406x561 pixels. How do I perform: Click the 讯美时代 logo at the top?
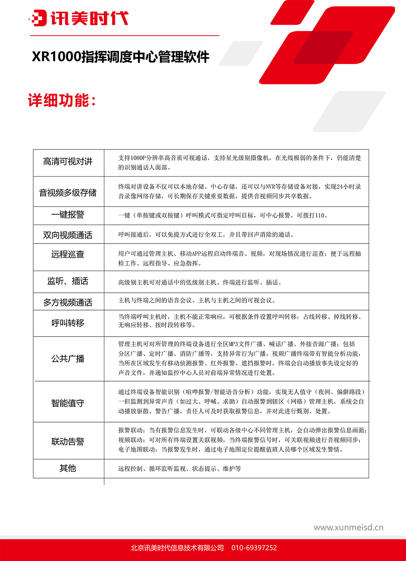click(79, 18)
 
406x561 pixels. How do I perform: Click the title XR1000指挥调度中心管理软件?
click(121, 56)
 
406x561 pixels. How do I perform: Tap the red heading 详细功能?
click(62, 100)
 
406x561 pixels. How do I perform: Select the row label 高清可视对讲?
click(68, 162)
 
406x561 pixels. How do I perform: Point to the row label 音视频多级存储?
click(68, 192)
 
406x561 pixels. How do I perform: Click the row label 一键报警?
click(68, 215)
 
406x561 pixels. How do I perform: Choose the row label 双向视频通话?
click(68, 235)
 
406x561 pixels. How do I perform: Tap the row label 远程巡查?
click(68, 255)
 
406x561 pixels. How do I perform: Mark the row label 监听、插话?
click(68, 281)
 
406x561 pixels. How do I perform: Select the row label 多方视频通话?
click(68, 302)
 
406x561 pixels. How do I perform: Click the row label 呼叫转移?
click(68, 323)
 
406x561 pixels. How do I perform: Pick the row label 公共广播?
click(68, 358)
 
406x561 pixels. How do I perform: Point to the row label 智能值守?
click(68, 403)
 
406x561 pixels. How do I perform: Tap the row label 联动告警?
click(68, 442)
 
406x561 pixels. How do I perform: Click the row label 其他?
click(68, 468)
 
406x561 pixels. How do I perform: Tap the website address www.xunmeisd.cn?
click(348, 528)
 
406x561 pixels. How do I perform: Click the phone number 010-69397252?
click(254, 548)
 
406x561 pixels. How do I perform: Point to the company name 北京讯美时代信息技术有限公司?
click(177, 548)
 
